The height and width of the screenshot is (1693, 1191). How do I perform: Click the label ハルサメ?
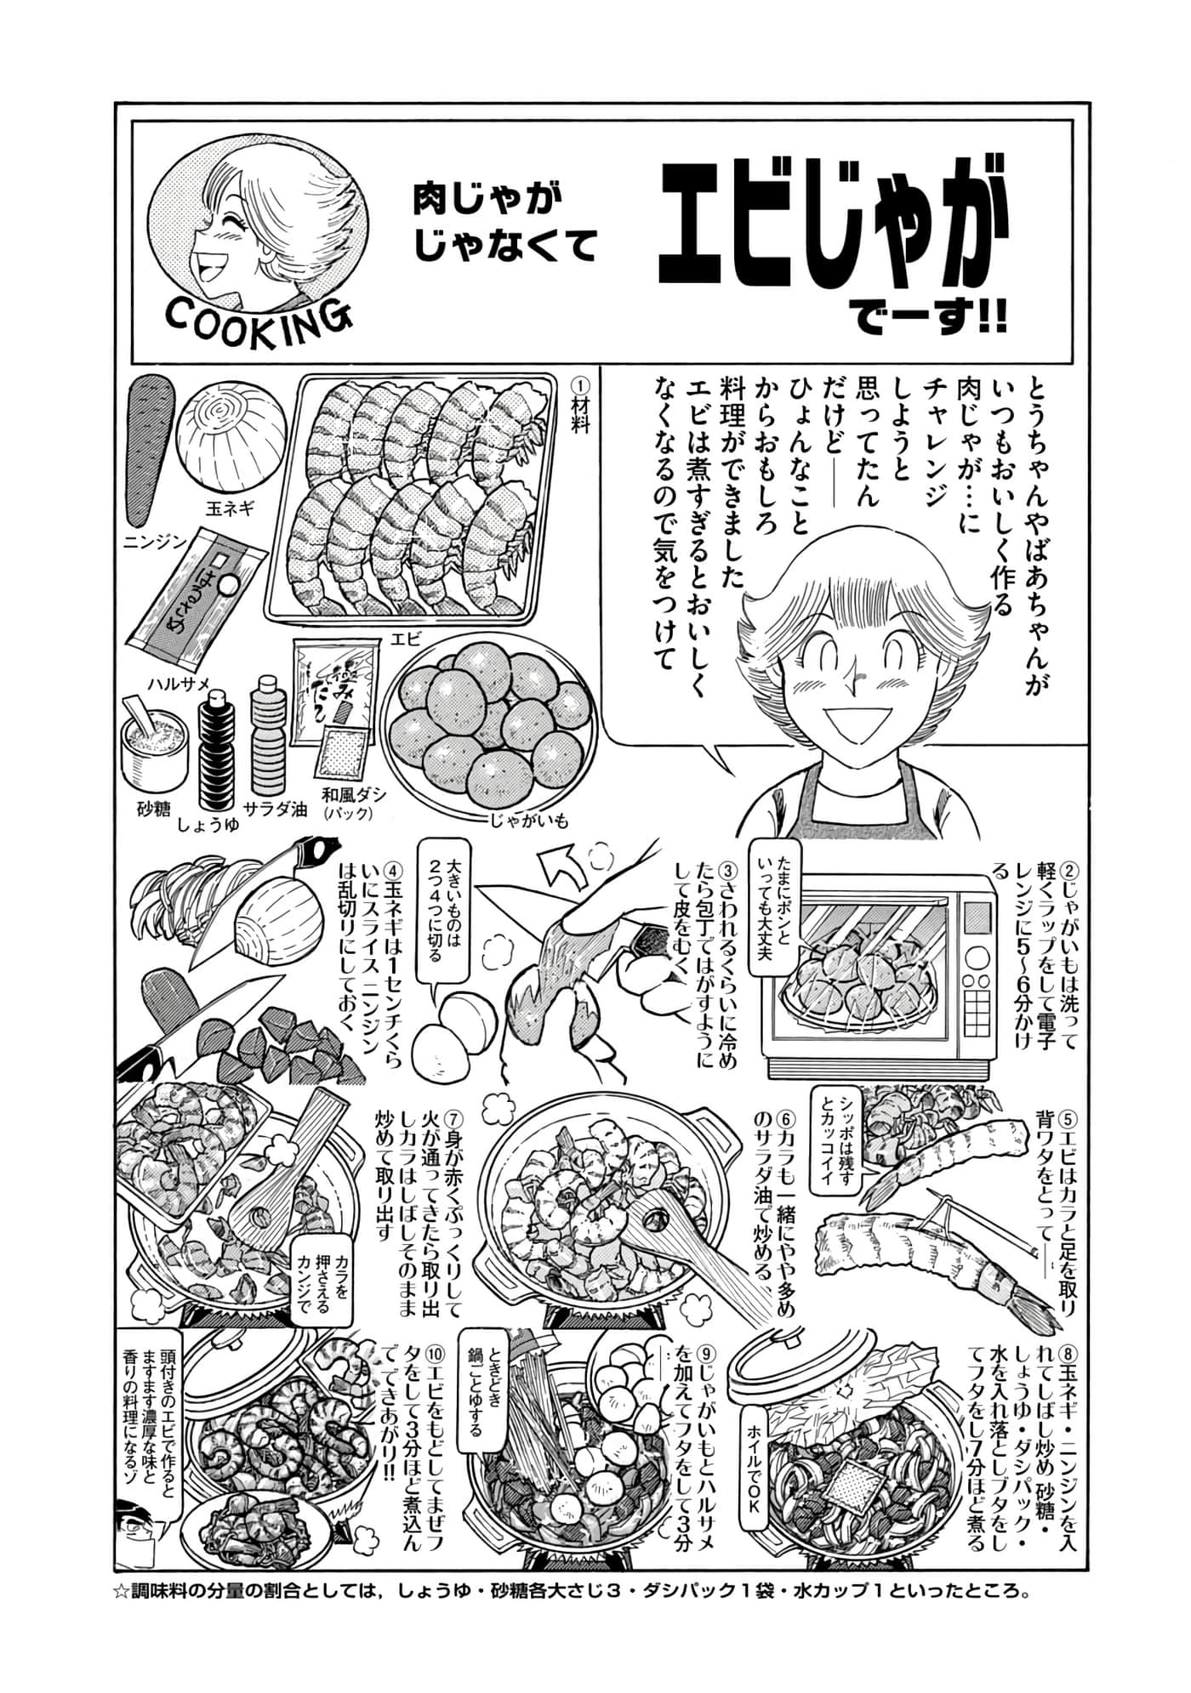coord(179,681)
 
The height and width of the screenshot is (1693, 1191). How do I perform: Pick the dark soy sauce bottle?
coord(219,753)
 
